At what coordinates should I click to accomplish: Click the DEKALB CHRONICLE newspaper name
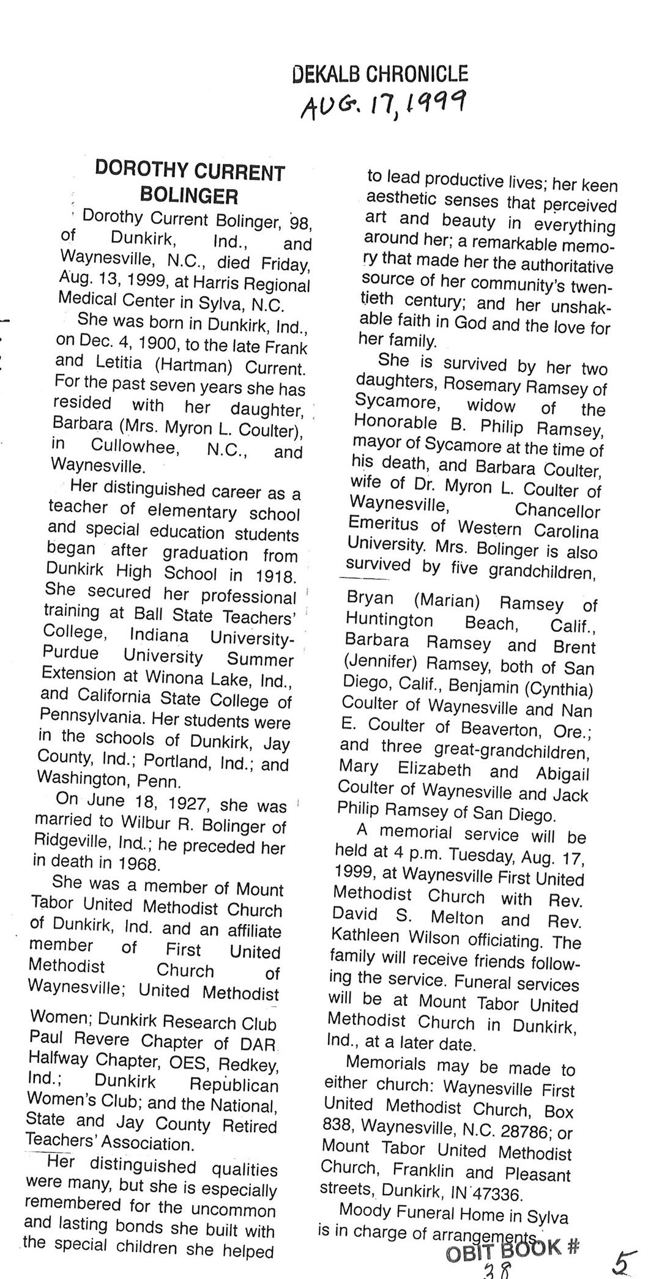point(380,74)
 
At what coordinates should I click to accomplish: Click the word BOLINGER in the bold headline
point(189,196)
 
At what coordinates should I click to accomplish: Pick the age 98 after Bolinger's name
point(299,222)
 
